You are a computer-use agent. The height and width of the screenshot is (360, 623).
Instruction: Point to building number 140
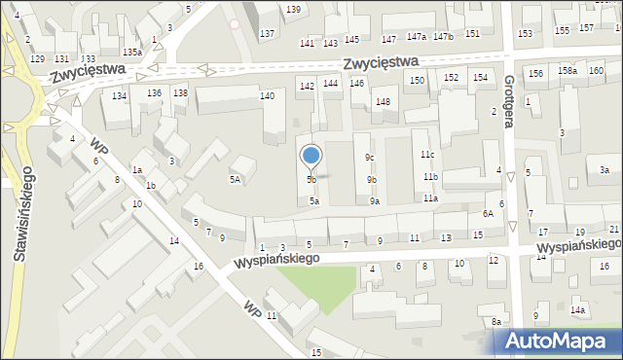click(x=267, y=95)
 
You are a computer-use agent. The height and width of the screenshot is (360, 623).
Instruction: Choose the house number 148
click(x=384, y=102)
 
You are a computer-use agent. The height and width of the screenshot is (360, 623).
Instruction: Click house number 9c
click(x=370, y=158)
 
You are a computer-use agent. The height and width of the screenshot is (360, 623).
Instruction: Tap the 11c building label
click(x=427, y=155)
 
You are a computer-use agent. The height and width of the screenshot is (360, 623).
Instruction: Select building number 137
click(x=268, y=34)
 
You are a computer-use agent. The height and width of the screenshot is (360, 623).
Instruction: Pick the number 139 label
click(x=293, y=9)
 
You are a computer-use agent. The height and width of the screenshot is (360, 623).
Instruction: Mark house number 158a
click(x=567, y=71)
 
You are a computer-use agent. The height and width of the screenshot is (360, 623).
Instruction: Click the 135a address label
click(x=132, y=52)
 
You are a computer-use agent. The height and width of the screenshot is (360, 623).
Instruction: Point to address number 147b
click(x=444, y=36)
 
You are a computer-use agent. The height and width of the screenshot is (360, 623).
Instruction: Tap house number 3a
click(x=605, y=170)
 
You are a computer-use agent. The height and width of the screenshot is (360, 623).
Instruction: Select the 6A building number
click(x=488, y=214)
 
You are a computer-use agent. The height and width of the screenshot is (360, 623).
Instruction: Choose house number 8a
click(x=495, y=322)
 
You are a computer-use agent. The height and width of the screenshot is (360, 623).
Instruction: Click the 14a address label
click(x=578, y=310)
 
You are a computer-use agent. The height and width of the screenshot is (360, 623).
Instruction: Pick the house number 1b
click(x=150, y=185)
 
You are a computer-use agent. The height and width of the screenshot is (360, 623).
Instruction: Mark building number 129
click(x=37, y=59)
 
